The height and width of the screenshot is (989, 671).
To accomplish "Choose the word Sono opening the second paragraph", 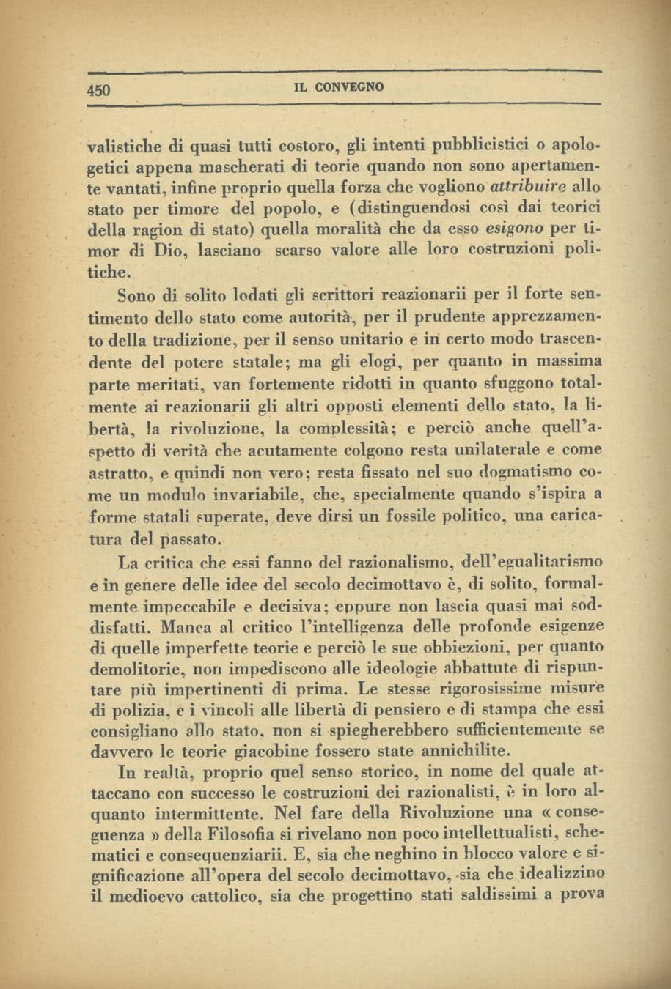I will tap(137, 296).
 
